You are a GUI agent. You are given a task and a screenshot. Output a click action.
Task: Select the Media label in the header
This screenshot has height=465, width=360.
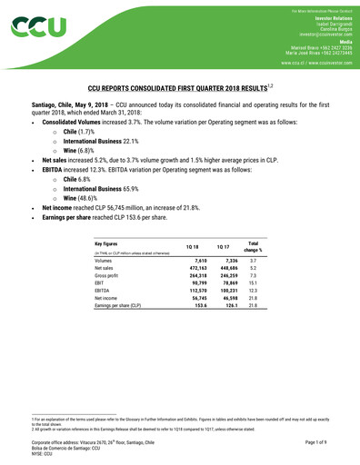point(345,42)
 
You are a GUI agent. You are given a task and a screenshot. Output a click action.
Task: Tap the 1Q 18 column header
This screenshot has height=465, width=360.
point(192,247)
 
